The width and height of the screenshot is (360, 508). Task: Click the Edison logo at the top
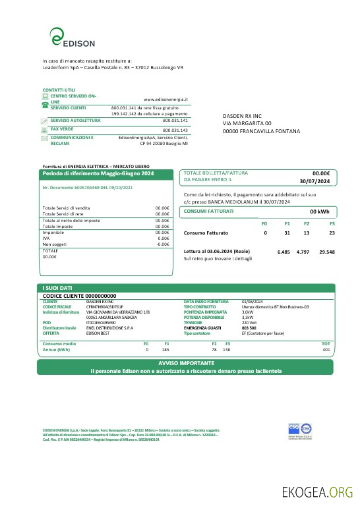(x=73, y=38)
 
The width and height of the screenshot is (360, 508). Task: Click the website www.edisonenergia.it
(x=166, y=98)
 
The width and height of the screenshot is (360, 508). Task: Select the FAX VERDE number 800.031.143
(x=175, y=130)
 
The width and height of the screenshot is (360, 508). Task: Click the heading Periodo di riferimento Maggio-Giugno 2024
(x=98, y=173)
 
